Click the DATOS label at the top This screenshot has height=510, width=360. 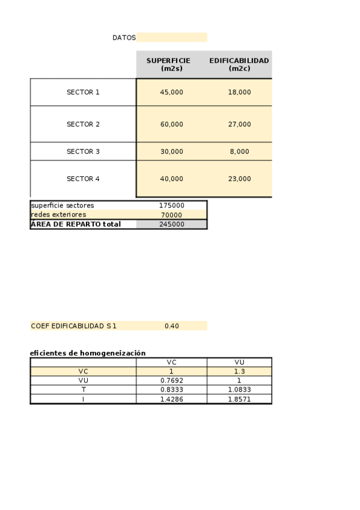click(124, 37)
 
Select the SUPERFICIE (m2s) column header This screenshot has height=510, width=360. click(171, 64)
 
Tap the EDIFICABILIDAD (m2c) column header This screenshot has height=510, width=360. click(239, 64)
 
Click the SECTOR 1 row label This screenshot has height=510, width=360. click(83, 92)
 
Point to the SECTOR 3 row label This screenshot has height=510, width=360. click(83, 152)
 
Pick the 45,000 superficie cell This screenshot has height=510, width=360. click(171, 92)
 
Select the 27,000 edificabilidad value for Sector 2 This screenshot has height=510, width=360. click(239, 124)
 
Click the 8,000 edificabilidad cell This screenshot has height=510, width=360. click(239, 152)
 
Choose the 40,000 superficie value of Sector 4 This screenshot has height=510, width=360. click(171, 179)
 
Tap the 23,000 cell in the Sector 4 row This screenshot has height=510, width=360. click(239, 179)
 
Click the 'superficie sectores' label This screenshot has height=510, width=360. click(63, 206)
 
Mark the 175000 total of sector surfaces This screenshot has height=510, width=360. click(171, 206)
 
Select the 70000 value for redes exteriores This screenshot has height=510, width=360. click(171, 215)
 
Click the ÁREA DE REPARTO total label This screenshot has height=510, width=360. click(76, 224)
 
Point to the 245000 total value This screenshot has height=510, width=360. click(171, 224)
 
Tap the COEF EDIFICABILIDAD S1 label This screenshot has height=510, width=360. click(73, 326)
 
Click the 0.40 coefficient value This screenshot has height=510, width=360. click(171, 326)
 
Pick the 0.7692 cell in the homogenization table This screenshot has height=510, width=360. click(171, 381)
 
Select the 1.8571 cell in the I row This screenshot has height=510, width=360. click(239, 399)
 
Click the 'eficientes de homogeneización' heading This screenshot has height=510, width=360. click(88, 353)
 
